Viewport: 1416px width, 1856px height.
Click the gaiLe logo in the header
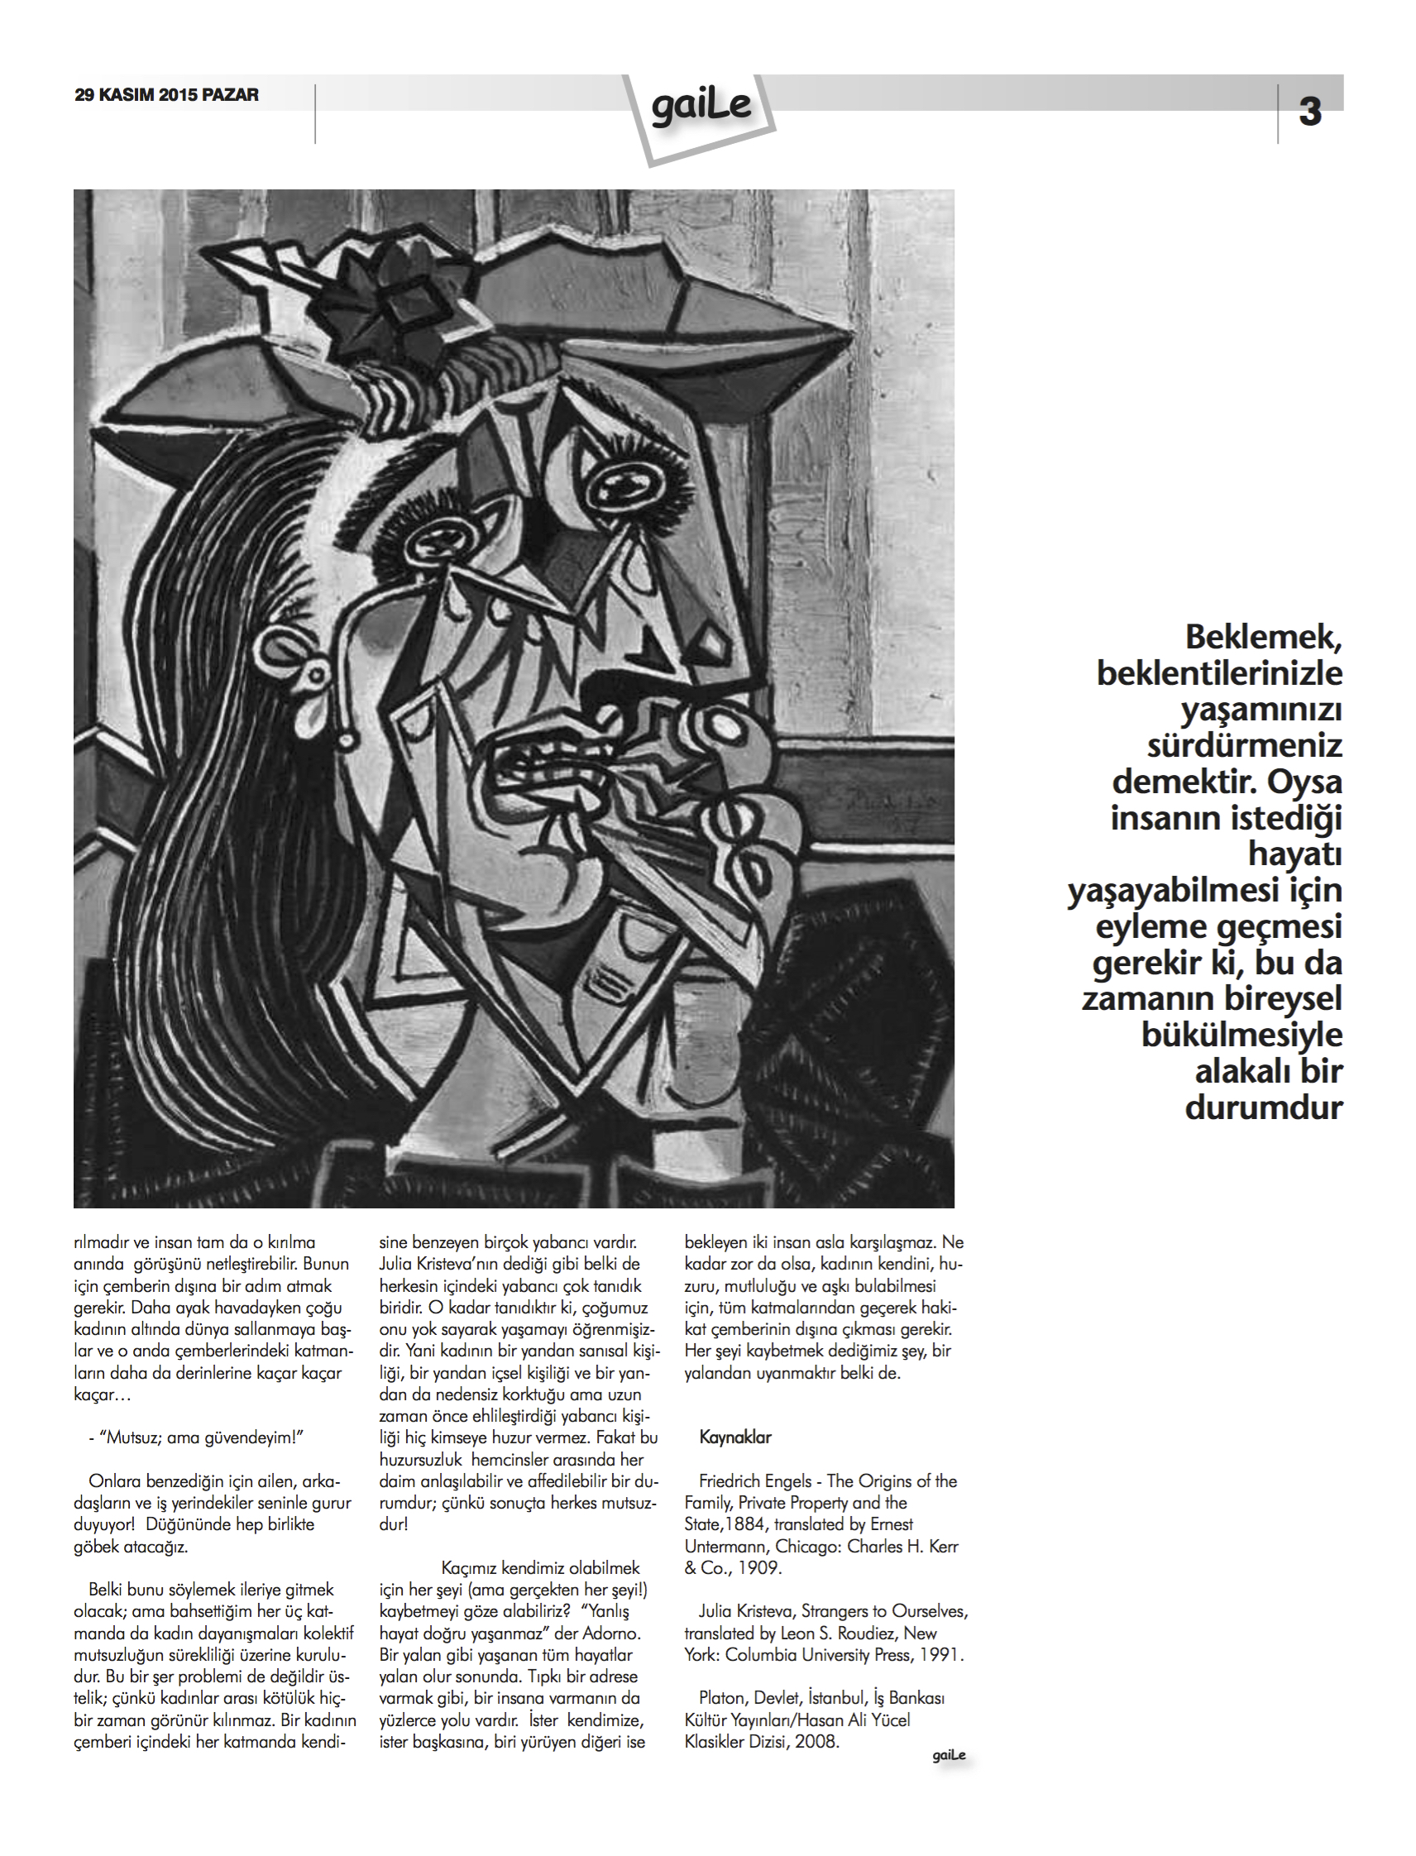click(701, 108)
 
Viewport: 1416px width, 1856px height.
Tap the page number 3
click(1309, 112)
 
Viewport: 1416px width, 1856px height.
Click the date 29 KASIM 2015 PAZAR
click(167, 95)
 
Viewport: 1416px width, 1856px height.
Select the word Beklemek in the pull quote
click(1262, 637)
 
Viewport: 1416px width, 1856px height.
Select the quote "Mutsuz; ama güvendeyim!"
click(202, 1438)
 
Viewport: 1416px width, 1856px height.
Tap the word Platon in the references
click(723, 1698)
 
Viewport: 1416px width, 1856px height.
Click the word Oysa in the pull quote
click(1304, 782)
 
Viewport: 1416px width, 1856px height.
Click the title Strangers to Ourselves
click(883, 1611)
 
